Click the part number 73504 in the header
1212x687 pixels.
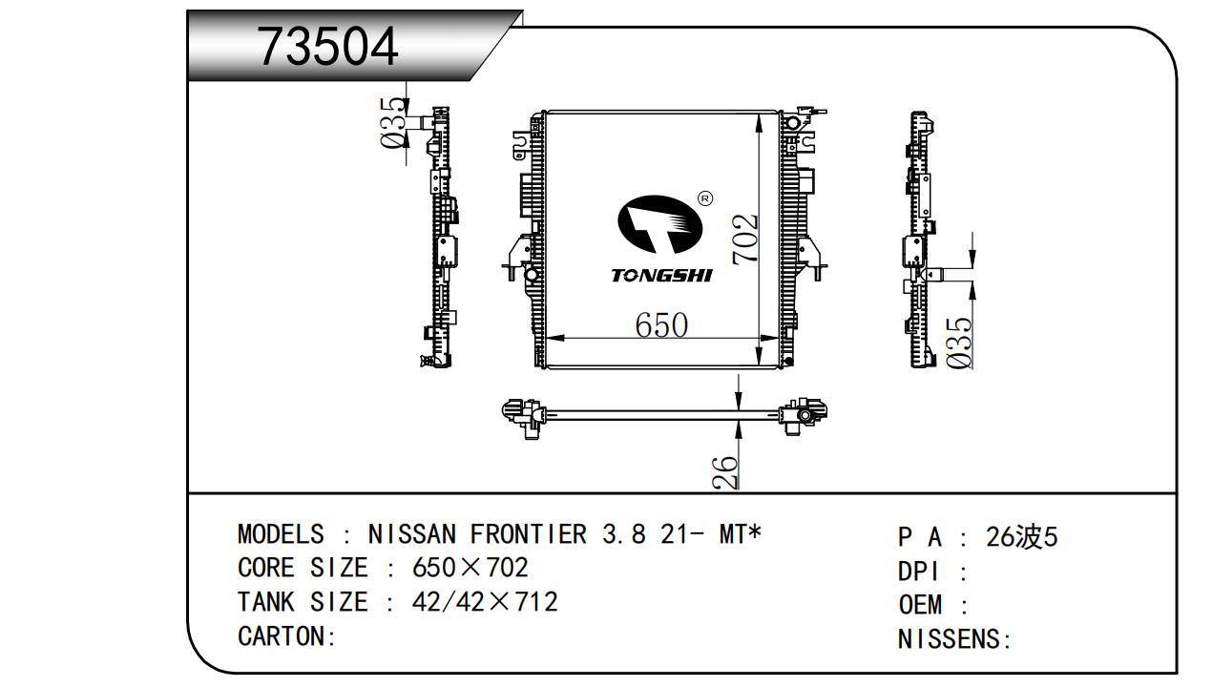[328, 47]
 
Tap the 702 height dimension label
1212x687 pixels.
[745, 239]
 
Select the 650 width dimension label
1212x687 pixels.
[661, 324]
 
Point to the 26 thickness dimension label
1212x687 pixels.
[725, 471]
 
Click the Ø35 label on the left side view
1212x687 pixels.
[393, 123]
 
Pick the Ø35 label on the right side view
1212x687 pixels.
[959, 343]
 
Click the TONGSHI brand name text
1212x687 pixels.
[661, 276]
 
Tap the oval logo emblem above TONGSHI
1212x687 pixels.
[659, 224]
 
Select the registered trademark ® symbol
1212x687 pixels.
[705, 198]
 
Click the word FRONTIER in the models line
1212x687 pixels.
[528, 534]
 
